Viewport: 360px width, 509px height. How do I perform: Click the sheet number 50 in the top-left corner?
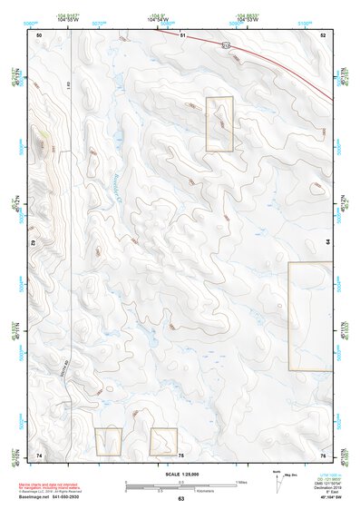39,34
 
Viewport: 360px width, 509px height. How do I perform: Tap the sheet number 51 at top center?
181,34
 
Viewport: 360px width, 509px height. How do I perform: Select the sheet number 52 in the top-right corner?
322,34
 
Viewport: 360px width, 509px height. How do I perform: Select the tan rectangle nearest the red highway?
219,123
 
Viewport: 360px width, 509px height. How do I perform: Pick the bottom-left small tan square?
108,442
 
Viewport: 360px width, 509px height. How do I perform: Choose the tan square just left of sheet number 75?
163,442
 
